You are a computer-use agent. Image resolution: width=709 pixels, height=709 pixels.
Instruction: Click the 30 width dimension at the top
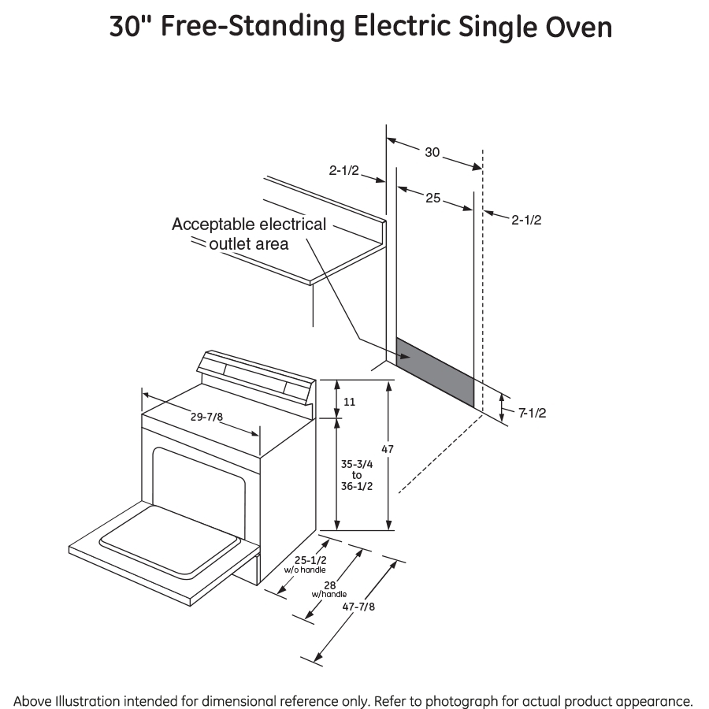(432, 152)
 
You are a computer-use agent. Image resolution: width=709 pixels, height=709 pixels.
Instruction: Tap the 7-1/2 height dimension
(533, 413)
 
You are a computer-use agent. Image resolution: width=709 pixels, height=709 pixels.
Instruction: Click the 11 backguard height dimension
(350, 402)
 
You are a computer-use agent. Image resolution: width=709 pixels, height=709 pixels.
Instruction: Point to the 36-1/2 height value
(357, 486)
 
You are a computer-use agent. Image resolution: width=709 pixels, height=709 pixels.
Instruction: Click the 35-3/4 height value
(357, 464)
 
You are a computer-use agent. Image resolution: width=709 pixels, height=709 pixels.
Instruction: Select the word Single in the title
(487, 27)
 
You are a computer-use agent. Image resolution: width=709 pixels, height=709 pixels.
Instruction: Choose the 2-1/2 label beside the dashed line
(525, 220)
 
